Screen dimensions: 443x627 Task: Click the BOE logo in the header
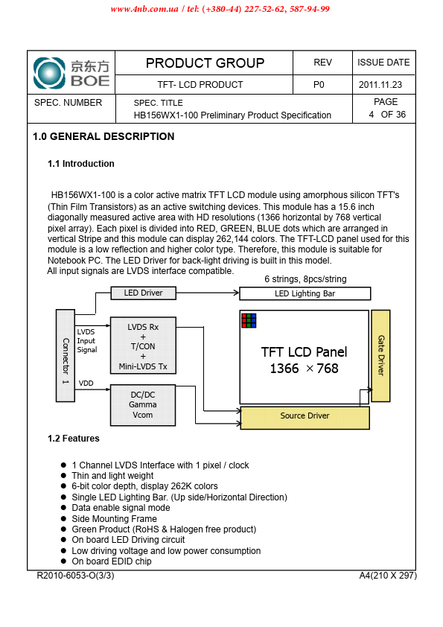pyautogui.click(x=71, y=73)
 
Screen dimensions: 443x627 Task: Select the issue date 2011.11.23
pyautogui.click(x=380, y=85)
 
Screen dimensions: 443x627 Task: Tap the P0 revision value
pyautogui.click(x=319, y=85)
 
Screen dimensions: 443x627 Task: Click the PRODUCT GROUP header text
pyautogui.click(x=205, y=63)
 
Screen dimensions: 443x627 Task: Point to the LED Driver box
pyautogui.click(x=143, y=293)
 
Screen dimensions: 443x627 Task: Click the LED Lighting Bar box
pyautogui.click(x=305, y=293)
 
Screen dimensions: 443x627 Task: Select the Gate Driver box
pyautogui.click(x=380, y=355)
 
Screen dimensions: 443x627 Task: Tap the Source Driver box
pyautogui.click(x=305, y=418)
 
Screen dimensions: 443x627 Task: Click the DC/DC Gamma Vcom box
pyautogui.click(x=143, y=405)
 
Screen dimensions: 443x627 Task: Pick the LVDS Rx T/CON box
pyautogui.click(x=143, y=346)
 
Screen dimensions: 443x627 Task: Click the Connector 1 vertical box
pyautogui.click(x=66, y=355)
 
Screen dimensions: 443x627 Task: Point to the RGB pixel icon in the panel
pyautogui.click(x=249, y=321)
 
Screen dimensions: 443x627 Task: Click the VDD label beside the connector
pyautogui.click(x=86, y=383)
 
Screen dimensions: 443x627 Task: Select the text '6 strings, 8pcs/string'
pyautogui.click(x=305, y=279)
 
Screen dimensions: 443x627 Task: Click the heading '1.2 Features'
pyautogui.click(x=74, y=439)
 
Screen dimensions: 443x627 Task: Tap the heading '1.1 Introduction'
pyautogui.click(x=80, y=164)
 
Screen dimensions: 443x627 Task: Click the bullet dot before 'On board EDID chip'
pyautogui.click(x=63, y=561)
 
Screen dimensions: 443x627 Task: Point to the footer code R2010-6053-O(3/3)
pyautogui.click(x=75, y=576)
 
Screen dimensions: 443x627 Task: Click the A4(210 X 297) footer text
pyautogui.click(x=388, y=576)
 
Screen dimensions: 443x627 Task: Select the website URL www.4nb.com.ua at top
pyautogui.click(x=144, y=9)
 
